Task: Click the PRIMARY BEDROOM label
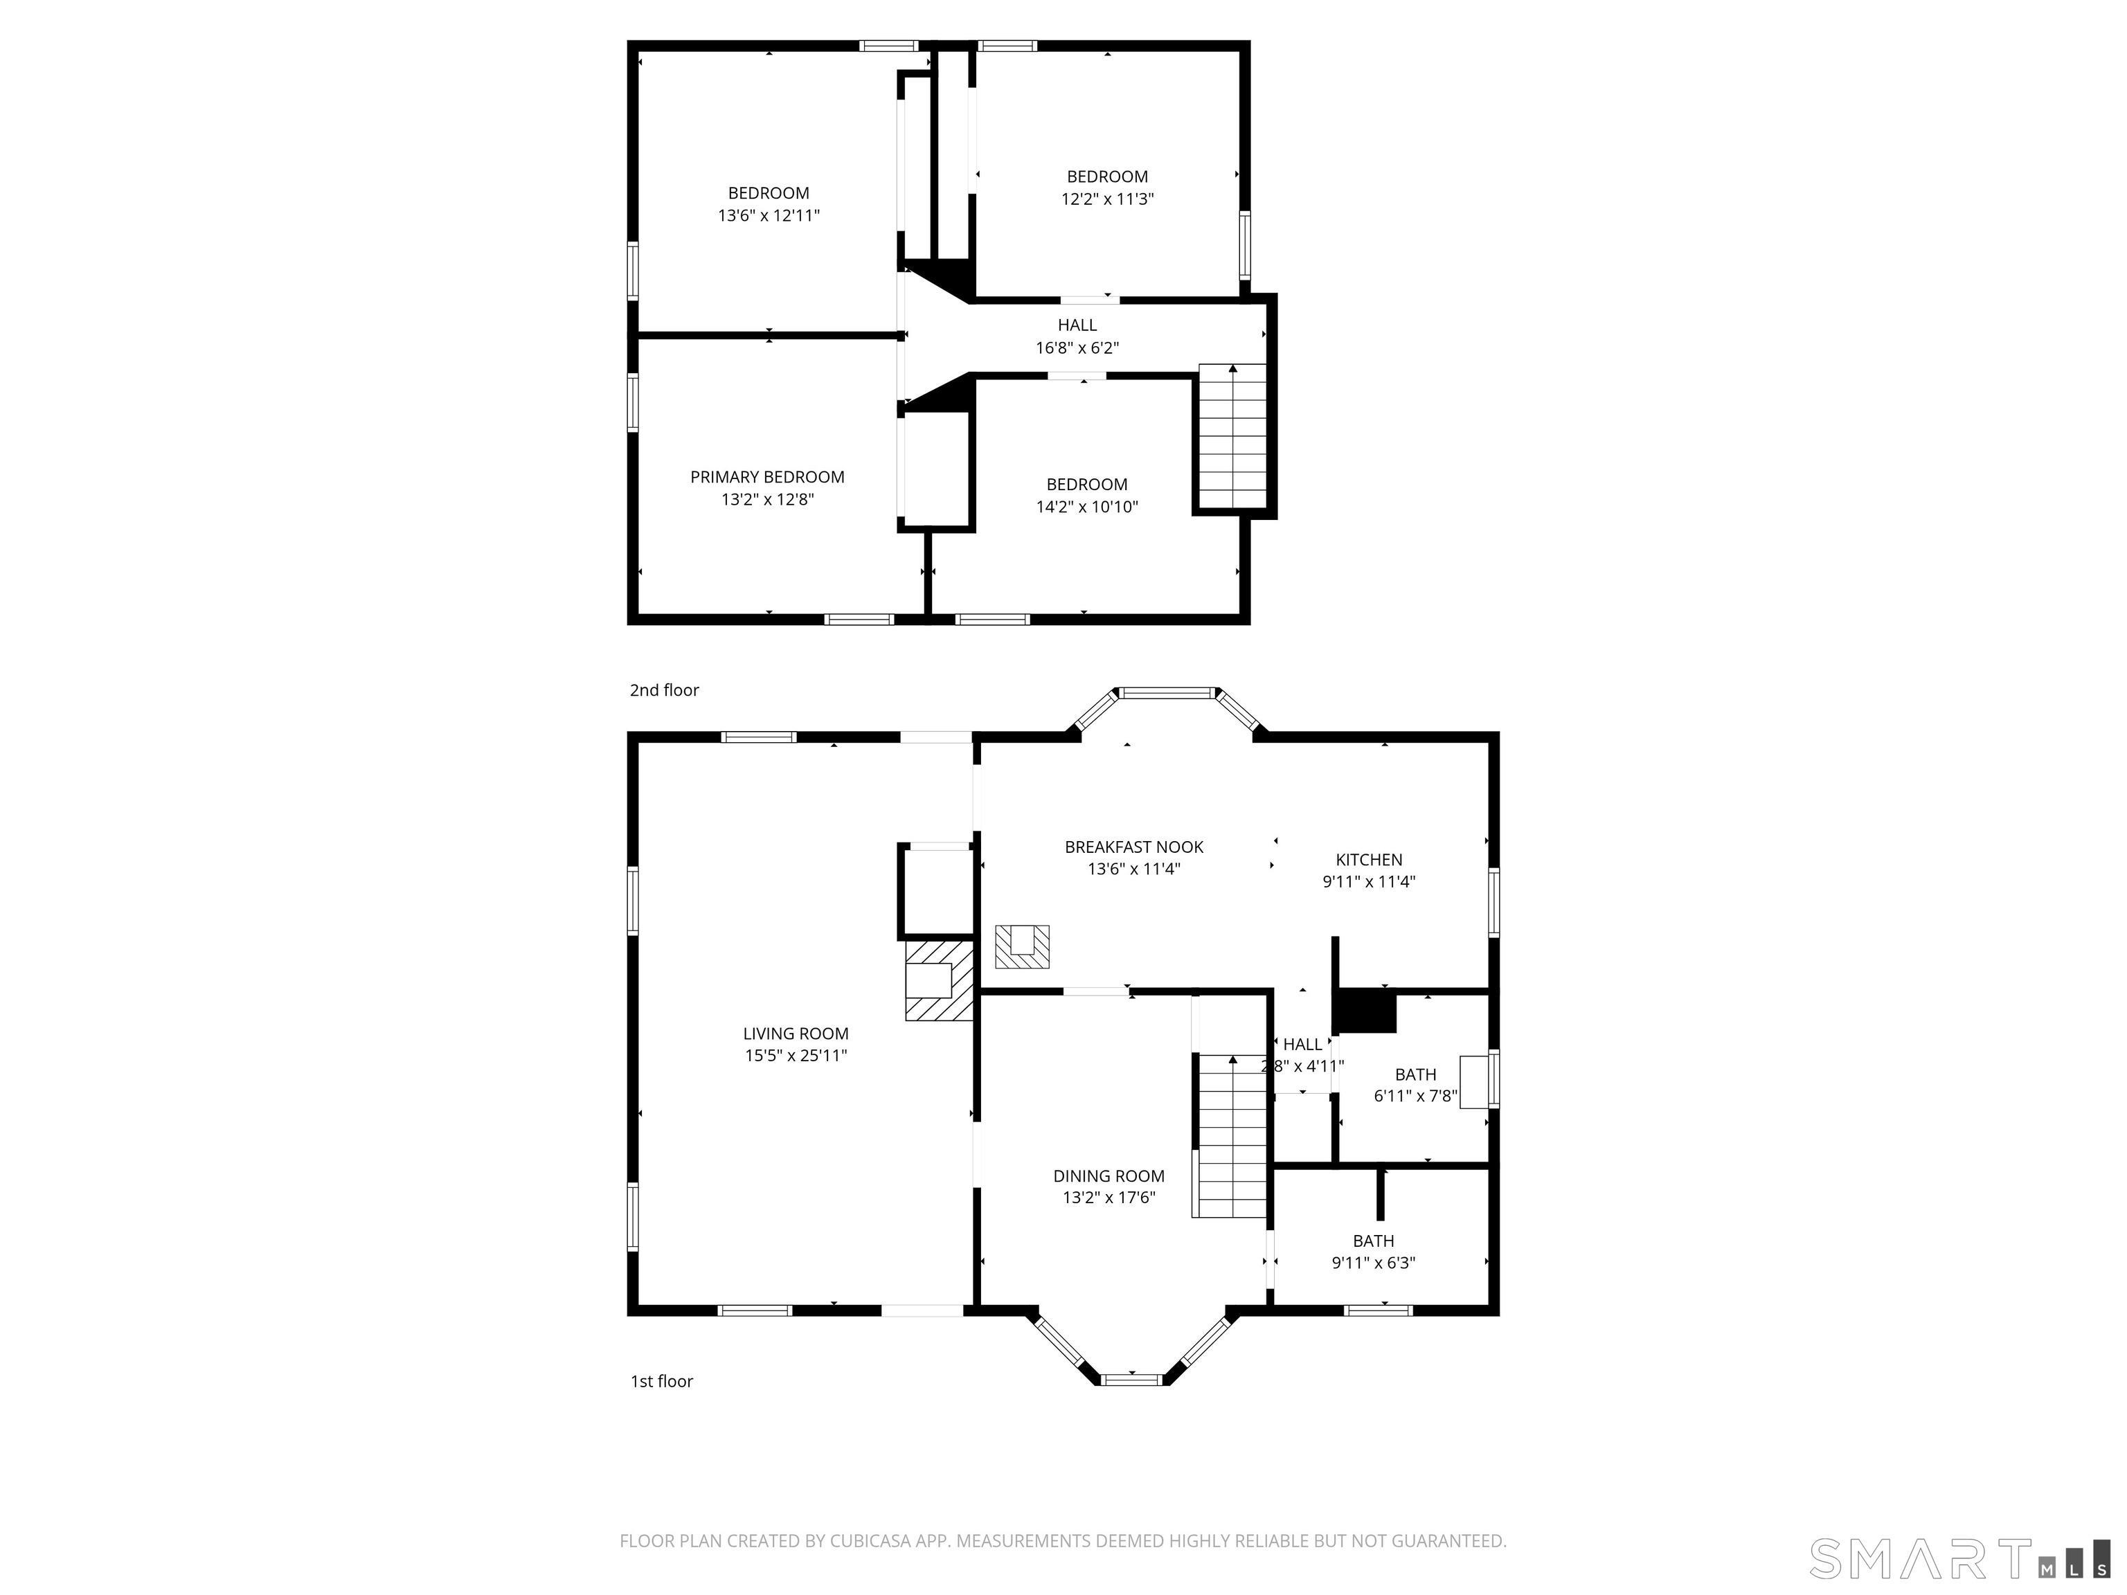tap(766, 477)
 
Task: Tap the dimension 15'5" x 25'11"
tap(796, 1056)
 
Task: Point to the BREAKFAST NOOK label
tap(1133, 847)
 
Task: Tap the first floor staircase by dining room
tap(1232, 1137)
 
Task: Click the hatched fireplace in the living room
tap(937, 980)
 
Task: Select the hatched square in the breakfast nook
tap(1021, 946)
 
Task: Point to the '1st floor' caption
tap(661, 1382)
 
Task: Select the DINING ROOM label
tap(1108, 1175)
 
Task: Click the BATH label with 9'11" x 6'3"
tap(1373, 1241)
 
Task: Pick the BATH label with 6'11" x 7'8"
tap(1415, 1075)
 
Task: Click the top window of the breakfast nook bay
tap(1167, 692)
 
